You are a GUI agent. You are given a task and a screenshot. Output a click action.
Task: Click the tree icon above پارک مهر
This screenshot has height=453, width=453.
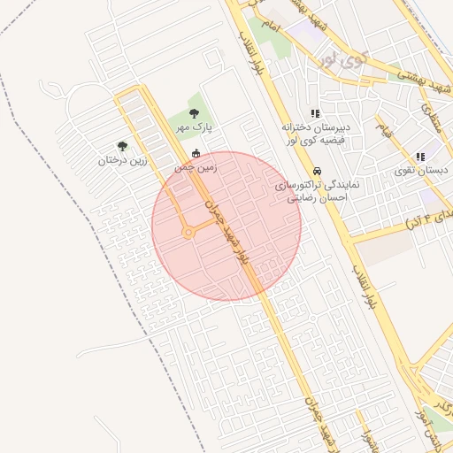click(195, 113)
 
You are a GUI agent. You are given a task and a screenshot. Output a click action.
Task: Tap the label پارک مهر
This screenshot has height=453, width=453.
click(195, 128)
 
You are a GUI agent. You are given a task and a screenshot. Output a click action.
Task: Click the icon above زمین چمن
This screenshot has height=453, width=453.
click(196, 154)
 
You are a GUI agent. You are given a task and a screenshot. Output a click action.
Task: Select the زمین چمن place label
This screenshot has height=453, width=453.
click(196, 167)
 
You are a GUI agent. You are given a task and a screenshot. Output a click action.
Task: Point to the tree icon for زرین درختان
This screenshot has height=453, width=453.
click(122, 147)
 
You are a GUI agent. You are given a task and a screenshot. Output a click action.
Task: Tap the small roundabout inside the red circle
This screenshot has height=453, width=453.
click(188, 233)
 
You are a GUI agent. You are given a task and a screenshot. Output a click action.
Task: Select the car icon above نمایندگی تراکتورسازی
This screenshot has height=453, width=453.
click(316, 171)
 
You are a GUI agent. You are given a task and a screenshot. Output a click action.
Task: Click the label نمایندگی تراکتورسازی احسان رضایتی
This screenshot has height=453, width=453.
click(315, 192)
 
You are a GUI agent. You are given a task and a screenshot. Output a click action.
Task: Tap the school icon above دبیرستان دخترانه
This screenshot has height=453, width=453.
click(315, 113)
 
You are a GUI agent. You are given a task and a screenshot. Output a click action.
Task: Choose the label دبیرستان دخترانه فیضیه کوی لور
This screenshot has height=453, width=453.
click(315, 134)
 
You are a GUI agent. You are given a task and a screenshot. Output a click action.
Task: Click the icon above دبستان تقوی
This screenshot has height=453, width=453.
click(420, 157)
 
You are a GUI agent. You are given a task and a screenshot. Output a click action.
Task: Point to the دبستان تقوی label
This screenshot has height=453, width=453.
click(420, 170)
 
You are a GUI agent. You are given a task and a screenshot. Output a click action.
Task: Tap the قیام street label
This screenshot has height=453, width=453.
click(383, 130)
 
